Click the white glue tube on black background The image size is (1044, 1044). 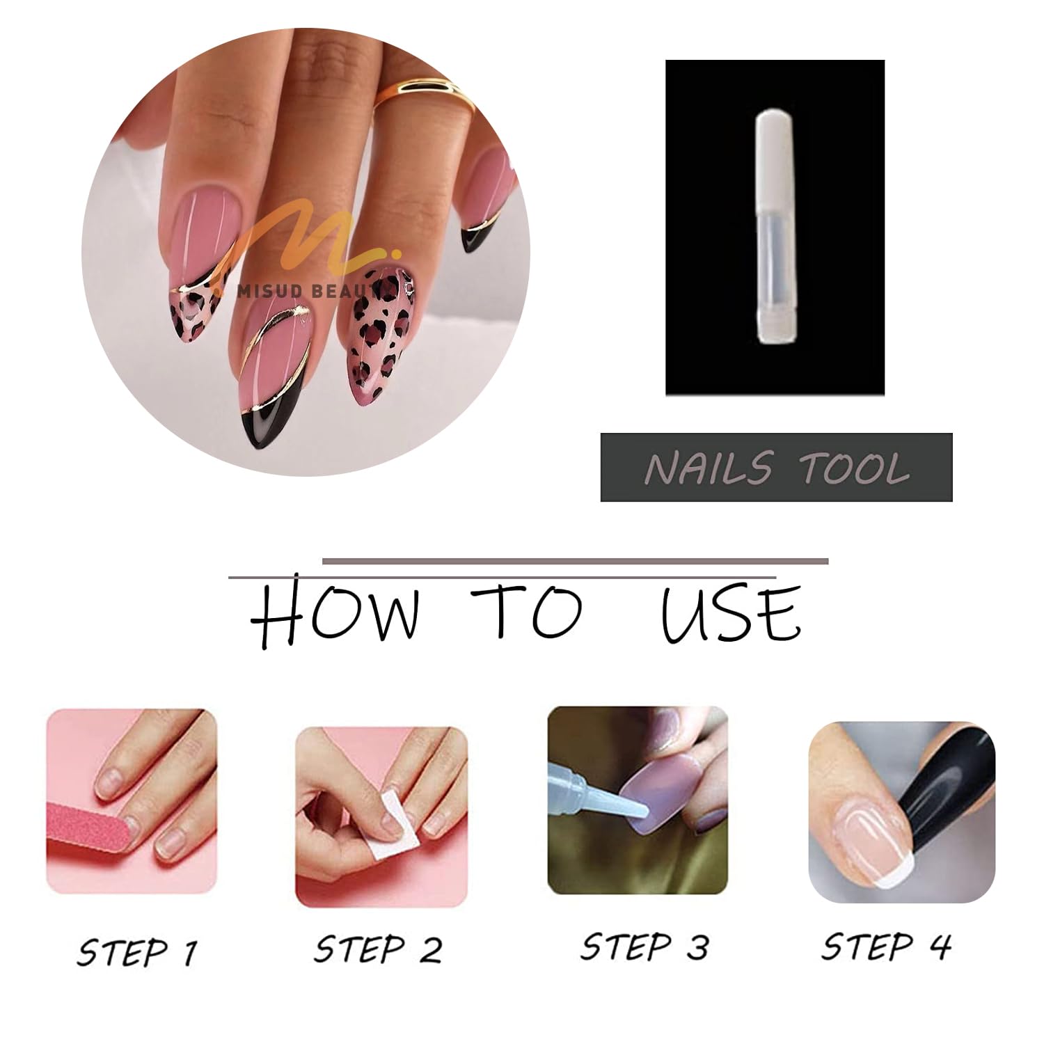[775, 226]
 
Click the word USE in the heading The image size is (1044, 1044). [731, 613]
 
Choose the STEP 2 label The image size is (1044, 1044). [378, 948]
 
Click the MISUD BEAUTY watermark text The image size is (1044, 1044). [317, 290]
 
